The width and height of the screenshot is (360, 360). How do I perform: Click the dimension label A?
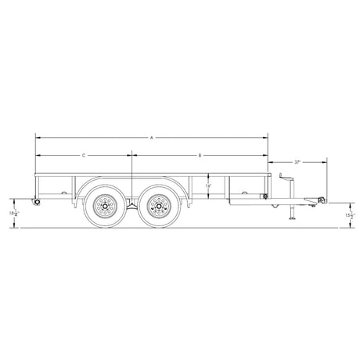point(152,137)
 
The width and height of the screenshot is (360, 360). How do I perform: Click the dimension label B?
point(200,156)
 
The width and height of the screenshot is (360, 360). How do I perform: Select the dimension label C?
point(84,156)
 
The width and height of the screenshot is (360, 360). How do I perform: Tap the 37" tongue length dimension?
point(298,162)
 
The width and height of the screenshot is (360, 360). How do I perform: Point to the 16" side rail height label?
point(207,186)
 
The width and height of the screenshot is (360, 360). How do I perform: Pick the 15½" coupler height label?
point(347,213)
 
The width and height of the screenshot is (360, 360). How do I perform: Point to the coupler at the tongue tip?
point(319,201)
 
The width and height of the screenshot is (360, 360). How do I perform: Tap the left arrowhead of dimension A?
point(37,137)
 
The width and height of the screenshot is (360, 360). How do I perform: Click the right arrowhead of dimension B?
point(266,156)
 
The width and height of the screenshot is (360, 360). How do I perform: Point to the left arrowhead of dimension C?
point(37,156)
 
